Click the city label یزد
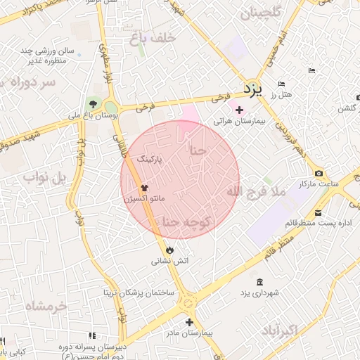click(x=252, y=90)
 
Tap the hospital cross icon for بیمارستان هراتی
click(x=239, y=110)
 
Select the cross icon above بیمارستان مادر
click(x=189, y=322)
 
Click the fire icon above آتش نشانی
click(x=169, y=250)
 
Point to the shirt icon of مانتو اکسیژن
click(x=145, y=188)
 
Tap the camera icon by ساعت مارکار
click(x=319, y=174)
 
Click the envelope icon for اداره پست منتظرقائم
click(x=319, y=213)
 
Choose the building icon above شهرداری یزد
click(x=259, y=282)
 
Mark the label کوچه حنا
click(x=187, y=222)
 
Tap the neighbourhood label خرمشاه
click(x=45, y=307)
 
